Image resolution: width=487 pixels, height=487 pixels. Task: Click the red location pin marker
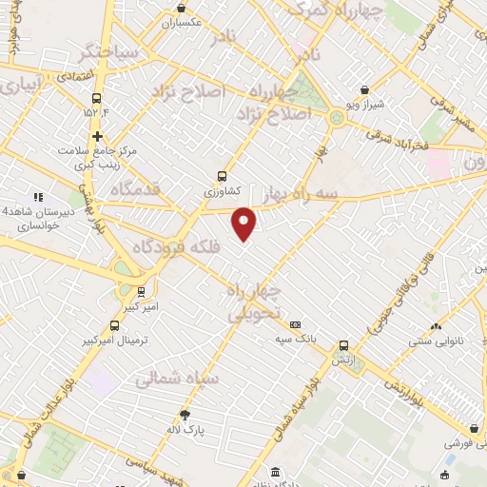[244, 223]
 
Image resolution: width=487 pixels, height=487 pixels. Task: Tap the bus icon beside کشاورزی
[222, 175]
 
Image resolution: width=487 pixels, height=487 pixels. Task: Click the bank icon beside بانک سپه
[296, 323]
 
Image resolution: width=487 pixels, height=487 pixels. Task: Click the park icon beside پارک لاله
[185, 414]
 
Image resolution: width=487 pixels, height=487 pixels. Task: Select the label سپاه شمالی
[177, 378]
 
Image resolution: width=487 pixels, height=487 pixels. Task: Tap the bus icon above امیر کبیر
[141, 292]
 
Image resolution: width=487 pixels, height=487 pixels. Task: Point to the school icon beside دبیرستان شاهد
[39, 196]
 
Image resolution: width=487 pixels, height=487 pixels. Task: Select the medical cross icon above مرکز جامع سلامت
[97, 136]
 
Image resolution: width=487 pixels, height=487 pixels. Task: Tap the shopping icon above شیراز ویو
[365, 89]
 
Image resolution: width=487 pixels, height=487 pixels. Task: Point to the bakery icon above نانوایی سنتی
[435, 327]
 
